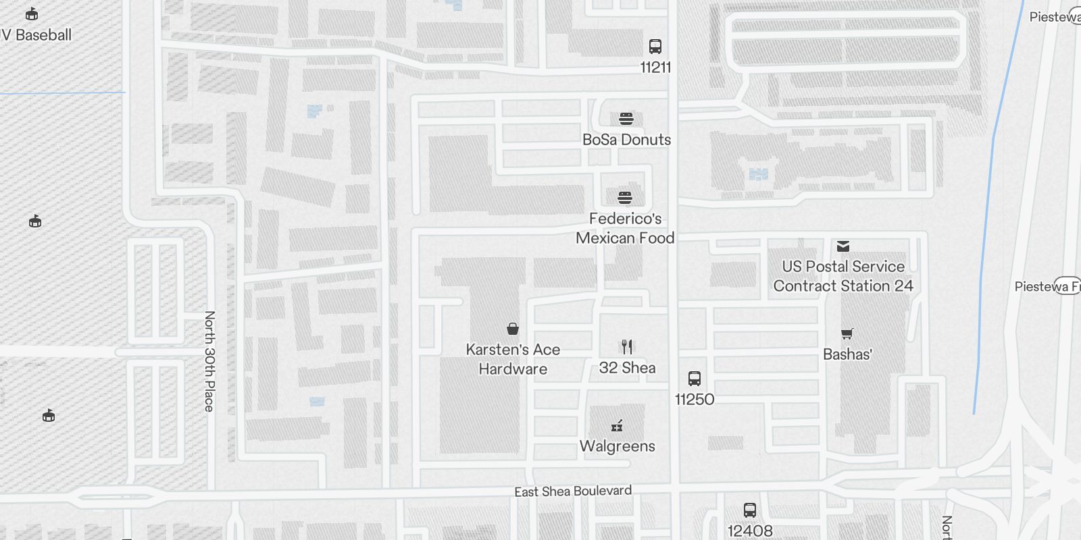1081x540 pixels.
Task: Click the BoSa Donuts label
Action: (x=626, y=140)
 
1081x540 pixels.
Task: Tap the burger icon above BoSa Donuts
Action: (x=626, y=119)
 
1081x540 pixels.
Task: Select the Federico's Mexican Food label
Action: (x=625, y=228)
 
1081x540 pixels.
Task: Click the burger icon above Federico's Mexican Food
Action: (x=625, y=197)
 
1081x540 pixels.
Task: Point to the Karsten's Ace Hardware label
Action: (x=513, y=359)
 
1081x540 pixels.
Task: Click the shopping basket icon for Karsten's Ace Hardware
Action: (x=513, y=329)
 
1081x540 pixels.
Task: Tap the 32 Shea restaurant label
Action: (x=627, y=368)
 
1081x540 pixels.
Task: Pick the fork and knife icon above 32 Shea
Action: (x=627, y=347)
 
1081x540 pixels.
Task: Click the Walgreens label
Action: (x=617, y=446)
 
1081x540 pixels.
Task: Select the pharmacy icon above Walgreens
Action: (x=617, y=425)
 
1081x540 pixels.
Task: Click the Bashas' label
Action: (x=847, y=354)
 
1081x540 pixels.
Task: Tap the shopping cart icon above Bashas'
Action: (x=847, y=333)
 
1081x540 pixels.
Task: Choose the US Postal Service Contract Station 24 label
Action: (x=843, y=276)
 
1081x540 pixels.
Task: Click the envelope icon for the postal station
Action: (x=843, y=246)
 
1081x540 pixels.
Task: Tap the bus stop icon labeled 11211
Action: (x=655, y=47)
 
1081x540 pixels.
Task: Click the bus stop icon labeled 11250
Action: (x=695, y=378)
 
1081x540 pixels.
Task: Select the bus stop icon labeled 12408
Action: (x=750, y=510)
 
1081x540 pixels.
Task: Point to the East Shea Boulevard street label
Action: (x=573, y=491)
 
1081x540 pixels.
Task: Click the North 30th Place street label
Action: (x=209, y=361)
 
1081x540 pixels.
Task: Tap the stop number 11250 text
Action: (x=695, y=400)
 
